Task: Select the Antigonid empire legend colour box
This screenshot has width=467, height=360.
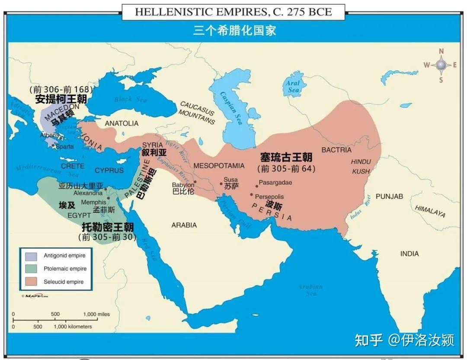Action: [x=31, y=256]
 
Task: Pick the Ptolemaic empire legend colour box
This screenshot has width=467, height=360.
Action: [x=31, y=269]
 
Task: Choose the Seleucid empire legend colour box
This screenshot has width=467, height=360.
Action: [x=31, y=282]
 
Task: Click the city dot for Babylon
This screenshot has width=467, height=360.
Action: [x=195, y=182]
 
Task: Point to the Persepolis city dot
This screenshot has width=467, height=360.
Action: [x=251, y=194]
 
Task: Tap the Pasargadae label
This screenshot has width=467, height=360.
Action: [x=275, y=183]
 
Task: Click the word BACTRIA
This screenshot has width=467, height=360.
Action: [x=336, y=150]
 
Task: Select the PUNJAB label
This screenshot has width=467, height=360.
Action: [x=389, y=196]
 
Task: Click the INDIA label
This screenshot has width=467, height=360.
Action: [x=409, y=254]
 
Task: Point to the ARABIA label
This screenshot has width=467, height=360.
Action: [x=184, y=225]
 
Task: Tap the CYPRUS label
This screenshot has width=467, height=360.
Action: [x=109, y=170]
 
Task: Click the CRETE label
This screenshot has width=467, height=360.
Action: [x=73, y=166]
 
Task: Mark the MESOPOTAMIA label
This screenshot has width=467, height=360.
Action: [x=219, y=166]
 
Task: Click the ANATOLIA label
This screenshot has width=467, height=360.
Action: [x=122, y=123]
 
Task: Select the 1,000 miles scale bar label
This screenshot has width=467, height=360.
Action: [x=96, y=314]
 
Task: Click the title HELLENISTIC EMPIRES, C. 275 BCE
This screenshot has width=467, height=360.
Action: [x=233, y=12]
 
